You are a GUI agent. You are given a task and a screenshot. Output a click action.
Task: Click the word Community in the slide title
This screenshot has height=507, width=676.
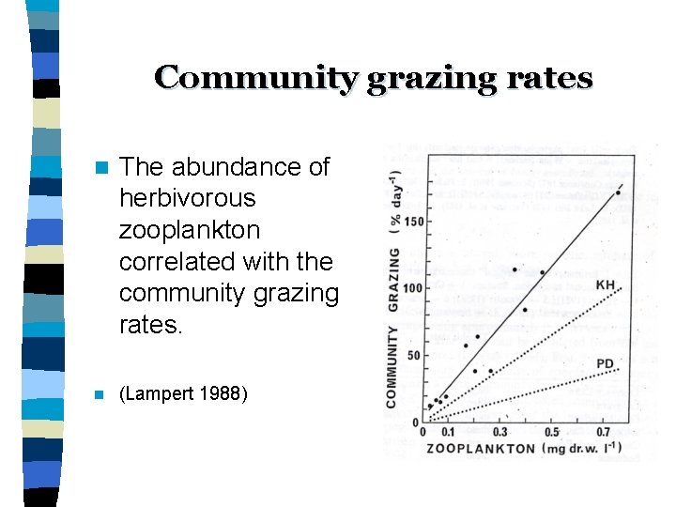click(255, 77)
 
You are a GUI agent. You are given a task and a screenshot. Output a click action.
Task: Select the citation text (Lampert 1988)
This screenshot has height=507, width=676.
click(184, 393)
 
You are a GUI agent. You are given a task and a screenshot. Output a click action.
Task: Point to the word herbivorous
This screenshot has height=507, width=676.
click(188, 199)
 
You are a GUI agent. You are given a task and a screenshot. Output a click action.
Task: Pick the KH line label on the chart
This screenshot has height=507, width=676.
click(606, 284)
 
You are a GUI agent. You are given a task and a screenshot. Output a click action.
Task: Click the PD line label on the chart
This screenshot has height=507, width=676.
click(606, 363)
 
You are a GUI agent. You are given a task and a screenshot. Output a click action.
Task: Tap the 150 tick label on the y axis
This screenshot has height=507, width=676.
click(411, 222)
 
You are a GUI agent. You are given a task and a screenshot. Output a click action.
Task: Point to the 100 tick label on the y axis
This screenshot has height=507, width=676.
click(411, 288)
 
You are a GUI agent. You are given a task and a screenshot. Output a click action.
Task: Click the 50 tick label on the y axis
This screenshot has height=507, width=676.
click(414, 356)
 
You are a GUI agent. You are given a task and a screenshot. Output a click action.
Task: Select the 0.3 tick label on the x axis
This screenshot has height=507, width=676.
click(499, 432)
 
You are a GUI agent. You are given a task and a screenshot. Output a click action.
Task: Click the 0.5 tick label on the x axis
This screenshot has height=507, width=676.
click(551, 432)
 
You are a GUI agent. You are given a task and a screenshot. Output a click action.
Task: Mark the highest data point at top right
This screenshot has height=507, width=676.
click(618, 193)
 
